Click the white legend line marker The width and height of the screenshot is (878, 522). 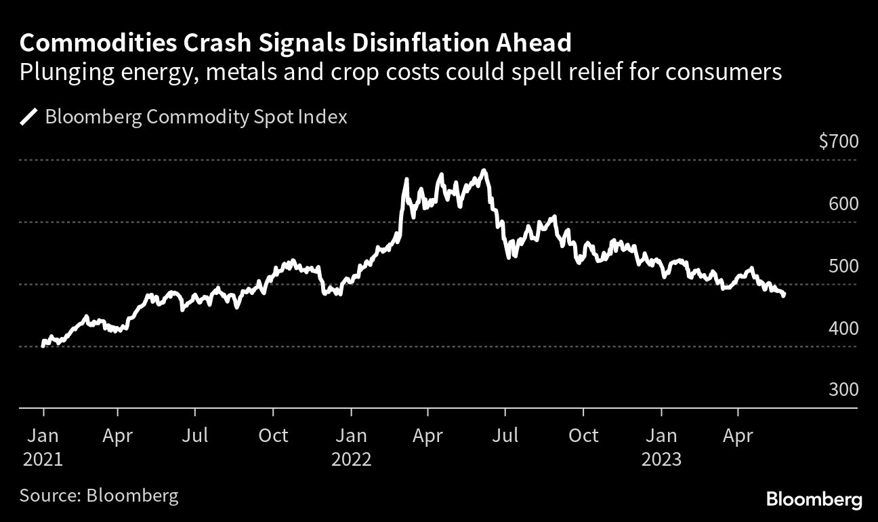pos(28,117)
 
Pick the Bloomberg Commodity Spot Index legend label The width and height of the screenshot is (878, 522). pos(196,117)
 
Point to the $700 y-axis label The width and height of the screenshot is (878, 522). pos(839,142)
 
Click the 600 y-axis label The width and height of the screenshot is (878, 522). pos(843,204)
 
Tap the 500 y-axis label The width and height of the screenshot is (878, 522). pos(843,266)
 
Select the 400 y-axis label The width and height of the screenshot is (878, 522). pos(843,328)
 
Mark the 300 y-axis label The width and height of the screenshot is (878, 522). pos(843,390)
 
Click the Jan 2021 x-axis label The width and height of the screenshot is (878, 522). pos(43,447)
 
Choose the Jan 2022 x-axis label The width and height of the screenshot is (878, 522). pos(351,447)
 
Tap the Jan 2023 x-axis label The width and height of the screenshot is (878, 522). pos(661,447)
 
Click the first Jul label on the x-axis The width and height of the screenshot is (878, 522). pos(195,435)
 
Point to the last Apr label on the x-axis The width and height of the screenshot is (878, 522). pos(737,435)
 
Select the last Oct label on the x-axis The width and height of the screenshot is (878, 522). pos(583,435)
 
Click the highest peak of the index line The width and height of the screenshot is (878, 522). pos(483,170)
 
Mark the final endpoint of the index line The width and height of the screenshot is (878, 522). pos(784,296)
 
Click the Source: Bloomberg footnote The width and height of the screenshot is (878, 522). pos(99,495)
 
